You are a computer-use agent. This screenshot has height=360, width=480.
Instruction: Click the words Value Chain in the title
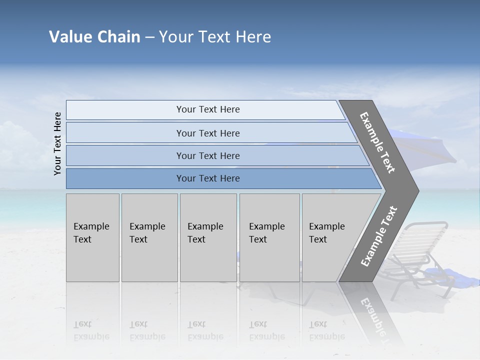pos(94,37)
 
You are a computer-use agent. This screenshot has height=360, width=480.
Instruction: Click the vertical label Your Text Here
pos(57,143)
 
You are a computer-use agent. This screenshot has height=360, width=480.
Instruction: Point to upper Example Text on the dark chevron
pos(377,142)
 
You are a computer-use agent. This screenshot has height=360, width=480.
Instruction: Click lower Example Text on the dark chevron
pos(378,236)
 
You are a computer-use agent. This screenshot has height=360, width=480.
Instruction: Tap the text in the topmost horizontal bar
pos(208,109)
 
